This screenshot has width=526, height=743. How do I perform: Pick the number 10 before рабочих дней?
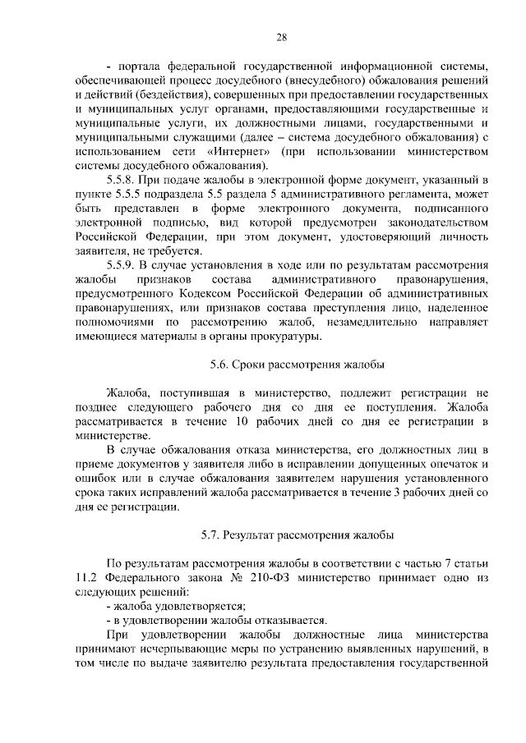pos(240,421)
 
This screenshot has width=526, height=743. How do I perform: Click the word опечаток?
pos(455,464)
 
